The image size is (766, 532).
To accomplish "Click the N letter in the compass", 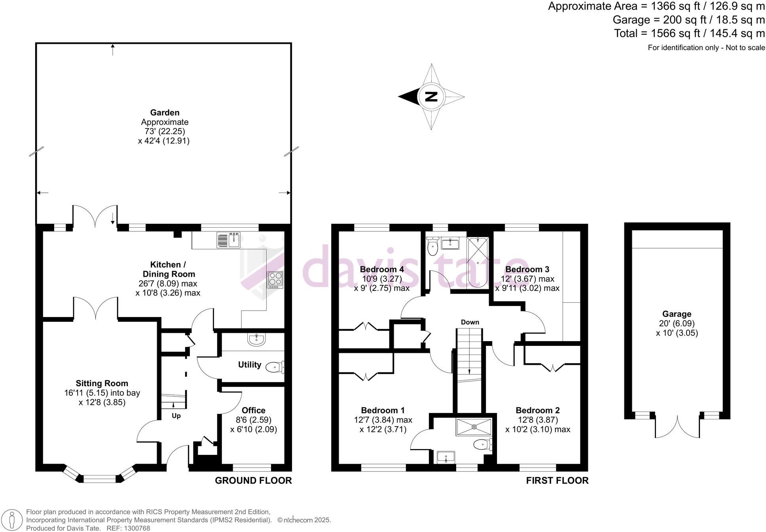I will click(431, 96).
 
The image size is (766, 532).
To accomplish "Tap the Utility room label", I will click(249, 364).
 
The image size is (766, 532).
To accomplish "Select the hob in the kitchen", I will click(275, 279).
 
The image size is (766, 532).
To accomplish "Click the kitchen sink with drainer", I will click(229, 240).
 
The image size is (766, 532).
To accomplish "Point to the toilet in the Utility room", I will click(274, 368).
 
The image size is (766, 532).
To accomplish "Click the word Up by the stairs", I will click(176, 416).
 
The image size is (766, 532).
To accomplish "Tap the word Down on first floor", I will click(470, 322).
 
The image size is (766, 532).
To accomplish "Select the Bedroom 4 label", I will click(381, 269).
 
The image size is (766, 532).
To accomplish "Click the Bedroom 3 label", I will click(527, 269).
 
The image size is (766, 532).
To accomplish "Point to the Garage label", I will click(677, 314).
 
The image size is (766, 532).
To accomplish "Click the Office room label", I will click(253, 410).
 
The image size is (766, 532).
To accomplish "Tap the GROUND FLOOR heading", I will click(253, 480).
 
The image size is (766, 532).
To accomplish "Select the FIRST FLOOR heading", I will click(557, 480).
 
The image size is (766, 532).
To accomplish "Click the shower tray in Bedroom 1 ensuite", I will click(474, 427).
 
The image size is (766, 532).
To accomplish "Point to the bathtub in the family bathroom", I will click(478, 262).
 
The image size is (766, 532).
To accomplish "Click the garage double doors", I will click(677, 427).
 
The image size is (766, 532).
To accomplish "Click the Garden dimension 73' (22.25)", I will click(165, 131).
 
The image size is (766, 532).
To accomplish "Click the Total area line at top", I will click(689, 33).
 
